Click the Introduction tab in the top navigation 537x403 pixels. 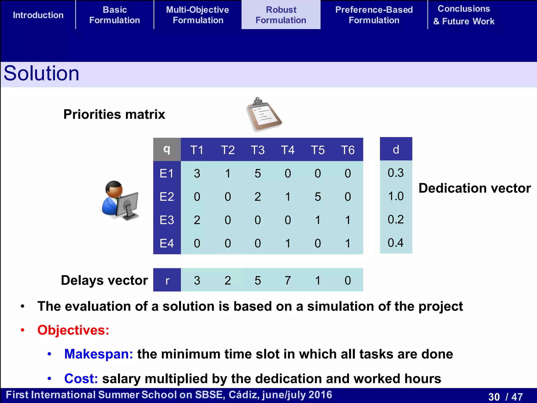click(x=38, y=15)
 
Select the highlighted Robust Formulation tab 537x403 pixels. click(x=281, y=15)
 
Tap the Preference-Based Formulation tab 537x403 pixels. click(x=374, y=15)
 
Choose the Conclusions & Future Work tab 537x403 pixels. click(x=464, y=15)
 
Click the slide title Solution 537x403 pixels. click(x=41, y=73)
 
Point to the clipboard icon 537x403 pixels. click(x=264, y=114)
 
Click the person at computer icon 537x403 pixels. click(x=120, y=200)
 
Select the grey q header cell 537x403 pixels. click(x=167, y=150)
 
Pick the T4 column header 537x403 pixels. click(x=288, y=150)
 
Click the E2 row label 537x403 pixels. click(x=167, y=197)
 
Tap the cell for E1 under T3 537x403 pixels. click(x=257, y=173)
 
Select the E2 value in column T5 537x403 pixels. click(x=318, y=197)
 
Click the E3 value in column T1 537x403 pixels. click(x=197, y=220)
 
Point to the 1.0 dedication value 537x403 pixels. click(x=396, y=196)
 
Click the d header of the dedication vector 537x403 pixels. click(x=396, y=149)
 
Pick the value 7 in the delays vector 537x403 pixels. click(x=288, y=280)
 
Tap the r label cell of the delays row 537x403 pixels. click(x=167, y=280)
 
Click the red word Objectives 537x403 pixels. click(x=73, y=330)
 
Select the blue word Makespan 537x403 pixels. click(x=98, y=354)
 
